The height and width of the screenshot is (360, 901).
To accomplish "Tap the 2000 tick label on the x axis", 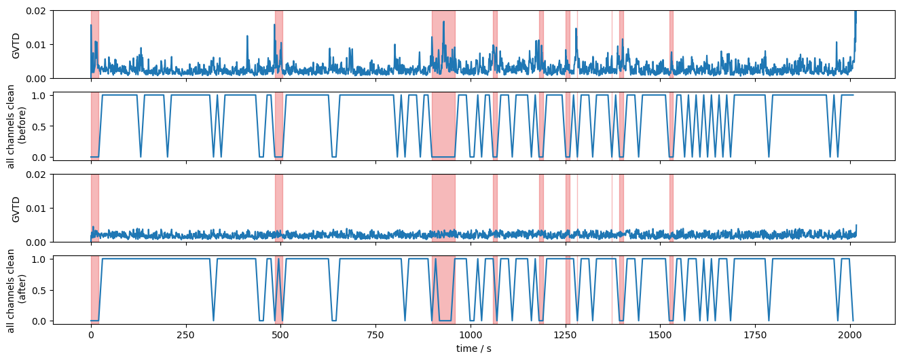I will point(849,335).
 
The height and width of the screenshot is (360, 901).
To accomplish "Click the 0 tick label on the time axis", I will point(91,335).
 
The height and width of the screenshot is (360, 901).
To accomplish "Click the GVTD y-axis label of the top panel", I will point(16,45).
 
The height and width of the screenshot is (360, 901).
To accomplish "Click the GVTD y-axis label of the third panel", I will point(16,208).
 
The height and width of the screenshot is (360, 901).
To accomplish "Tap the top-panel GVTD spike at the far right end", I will point(855,17).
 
